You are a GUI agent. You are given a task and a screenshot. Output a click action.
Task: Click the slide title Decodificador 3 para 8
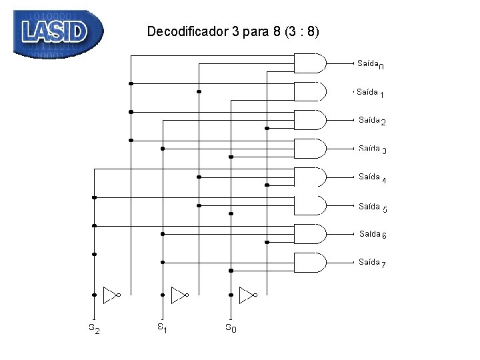[233, 31]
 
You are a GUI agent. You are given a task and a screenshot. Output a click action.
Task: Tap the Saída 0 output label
[370, 64]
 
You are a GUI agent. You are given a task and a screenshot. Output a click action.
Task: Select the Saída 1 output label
[369, 93]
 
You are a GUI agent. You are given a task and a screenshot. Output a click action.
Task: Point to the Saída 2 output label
[371, 121]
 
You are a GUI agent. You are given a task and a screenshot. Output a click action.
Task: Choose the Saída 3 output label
[372, 149]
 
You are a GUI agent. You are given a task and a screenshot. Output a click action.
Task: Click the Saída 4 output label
[372, 178]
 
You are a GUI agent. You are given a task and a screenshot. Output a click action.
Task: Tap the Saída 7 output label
[372, 263]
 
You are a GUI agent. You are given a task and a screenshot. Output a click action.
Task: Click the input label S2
[95, 328]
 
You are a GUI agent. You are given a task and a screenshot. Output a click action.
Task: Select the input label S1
[162, 327]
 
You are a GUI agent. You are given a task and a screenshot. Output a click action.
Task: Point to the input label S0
[230, 328]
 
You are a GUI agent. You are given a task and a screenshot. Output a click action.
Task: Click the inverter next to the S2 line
[111, 294]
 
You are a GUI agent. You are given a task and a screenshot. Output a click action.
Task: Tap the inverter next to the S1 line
[179, 294]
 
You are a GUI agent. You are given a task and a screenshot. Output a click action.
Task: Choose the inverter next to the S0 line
[247, 294]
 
